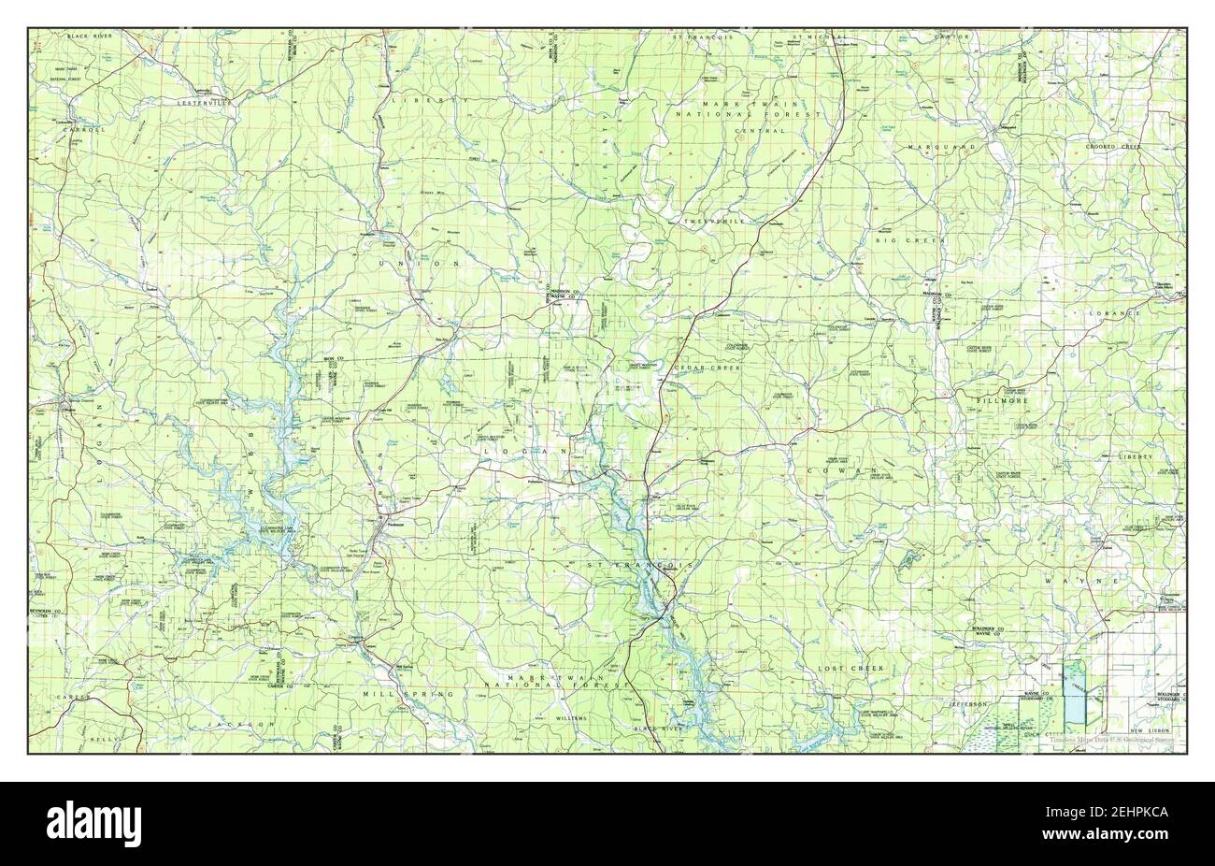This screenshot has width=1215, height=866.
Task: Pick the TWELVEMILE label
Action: [x=713, y=221]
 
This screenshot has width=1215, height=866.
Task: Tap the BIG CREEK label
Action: [x=910, y=240]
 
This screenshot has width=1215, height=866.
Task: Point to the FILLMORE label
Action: [x=1002, y=400]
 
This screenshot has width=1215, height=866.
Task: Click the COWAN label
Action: [x=849, y=469]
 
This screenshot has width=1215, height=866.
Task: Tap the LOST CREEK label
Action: [x=850, y=669]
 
